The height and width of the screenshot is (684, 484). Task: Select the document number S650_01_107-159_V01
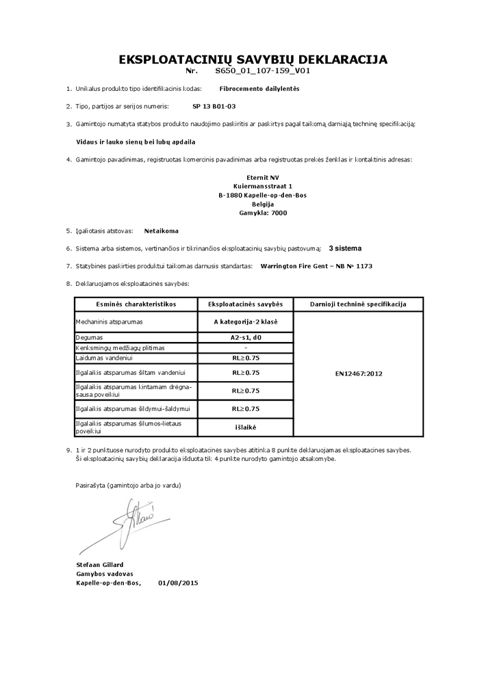pos(264,70)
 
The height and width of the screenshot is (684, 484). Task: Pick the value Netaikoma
pos(162,231)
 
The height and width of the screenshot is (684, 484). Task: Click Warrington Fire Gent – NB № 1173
pos(317,265)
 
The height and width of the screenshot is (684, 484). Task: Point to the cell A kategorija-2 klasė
pos(245,321)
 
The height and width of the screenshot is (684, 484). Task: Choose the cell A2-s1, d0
pos(245,337)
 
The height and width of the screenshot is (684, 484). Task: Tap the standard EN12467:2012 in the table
pos(358,374)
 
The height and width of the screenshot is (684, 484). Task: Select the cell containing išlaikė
pos(245,427)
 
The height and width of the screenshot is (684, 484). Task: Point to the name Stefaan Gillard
pos(100,564)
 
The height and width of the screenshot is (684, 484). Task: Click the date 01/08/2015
pos(177,583)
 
